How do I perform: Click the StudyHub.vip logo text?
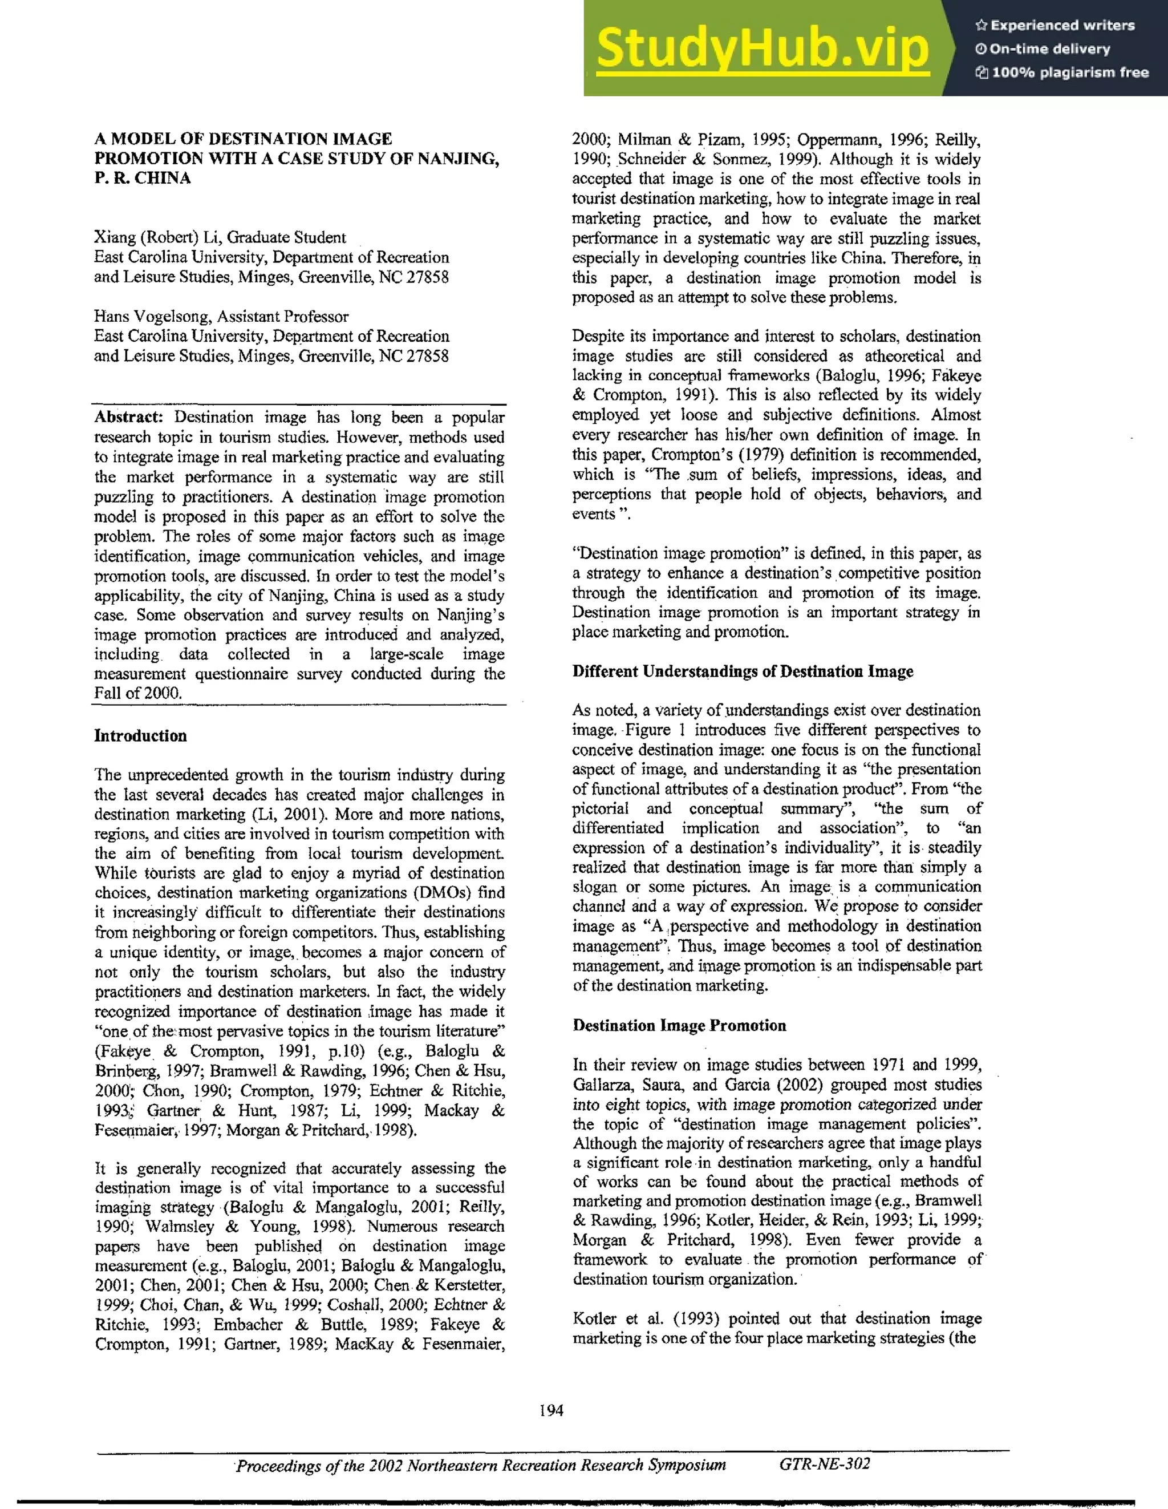(763, 48)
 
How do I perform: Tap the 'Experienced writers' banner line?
(1055, 26)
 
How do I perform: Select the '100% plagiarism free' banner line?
(1061, 72)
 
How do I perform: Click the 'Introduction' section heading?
(140, 735)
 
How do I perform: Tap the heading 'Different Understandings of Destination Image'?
(743, 671)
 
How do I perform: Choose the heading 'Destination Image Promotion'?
(679, 1025)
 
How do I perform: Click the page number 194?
(551, 1410)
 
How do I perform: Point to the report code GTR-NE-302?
(825, 1464)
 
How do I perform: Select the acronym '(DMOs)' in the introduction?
(435, 893)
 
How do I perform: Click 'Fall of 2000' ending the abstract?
(137, 693)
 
